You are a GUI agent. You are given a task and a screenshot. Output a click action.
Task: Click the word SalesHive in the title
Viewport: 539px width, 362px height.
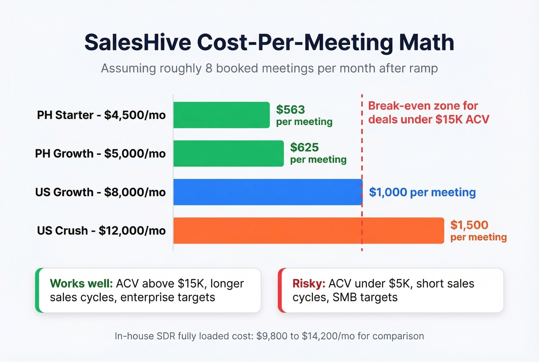[x=137, y=42]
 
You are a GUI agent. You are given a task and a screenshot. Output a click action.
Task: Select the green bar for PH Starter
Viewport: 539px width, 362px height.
[x=221, y=115]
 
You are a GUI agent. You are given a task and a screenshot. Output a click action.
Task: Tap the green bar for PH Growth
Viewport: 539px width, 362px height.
[x=228, y=153]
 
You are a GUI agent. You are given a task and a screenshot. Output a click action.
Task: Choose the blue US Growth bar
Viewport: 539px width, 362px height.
[x=268, y=192]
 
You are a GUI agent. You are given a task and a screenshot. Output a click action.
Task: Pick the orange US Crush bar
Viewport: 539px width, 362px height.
[x=308, y=231]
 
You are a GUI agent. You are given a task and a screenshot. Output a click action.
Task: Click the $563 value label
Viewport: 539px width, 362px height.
[x=290, y=110]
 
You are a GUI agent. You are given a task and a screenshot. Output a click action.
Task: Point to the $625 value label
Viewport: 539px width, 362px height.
[x=304, y=147]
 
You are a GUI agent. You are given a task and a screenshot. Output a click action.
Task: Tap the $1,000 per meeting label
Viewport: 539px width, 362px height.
[x=422, y=192]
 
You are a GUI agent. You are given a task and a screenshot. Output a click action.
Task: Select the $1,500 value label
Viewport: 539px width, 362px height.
[x=469, y=225]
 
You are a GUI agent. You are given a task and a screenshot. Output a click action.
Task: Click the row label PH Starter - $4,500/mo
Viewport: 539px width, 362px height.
[x=101, y=115]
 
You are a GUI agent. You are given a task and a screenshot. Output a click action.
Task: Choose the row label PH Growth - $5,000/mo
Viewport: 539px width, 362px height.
[x=100, y=153]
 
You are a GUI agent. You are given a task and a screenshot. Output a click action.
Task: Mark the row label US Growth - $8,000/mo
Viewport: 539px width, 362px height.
[x=100, y=192]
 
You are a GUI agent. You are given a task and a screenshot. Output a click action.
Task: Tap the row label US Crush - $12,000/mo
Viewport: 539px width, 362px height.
[x=101, y=231]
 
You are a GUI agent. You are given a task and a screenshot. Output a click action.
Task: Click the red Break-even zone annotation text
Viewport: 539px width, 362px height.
[x=428, y=113]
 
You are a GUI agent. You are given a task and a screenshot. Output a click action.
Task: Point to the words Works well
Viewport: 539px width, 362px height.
[x=81, y=283]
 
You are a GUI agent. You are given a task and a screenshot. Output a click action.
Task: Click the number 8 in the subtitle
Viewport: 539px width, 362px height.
[x=209, y=68]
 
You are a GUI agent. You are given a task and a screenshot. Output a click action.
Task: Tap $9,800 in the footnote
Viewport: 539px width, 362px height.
[x=272, y=336]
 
